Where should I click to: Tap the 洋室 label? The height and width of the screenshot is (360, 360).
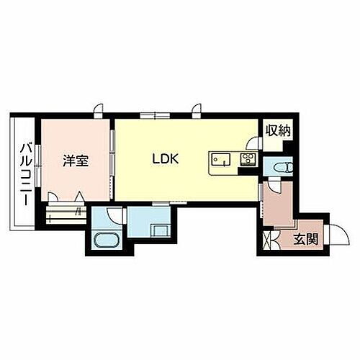coord(76,161)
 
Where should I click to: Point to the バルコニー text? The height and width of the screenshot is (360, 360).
coord(25,173)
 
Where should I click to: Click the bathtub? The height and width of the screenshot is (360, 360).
coord(109,239)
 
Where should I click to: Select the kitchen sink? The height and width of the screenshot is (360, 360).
coord(220,160)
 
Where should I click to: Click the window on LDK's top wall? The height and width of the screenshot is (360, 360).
coord(156,115)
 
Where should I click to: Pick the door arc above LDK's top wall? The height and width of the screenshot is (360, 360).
coord(195,109)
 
